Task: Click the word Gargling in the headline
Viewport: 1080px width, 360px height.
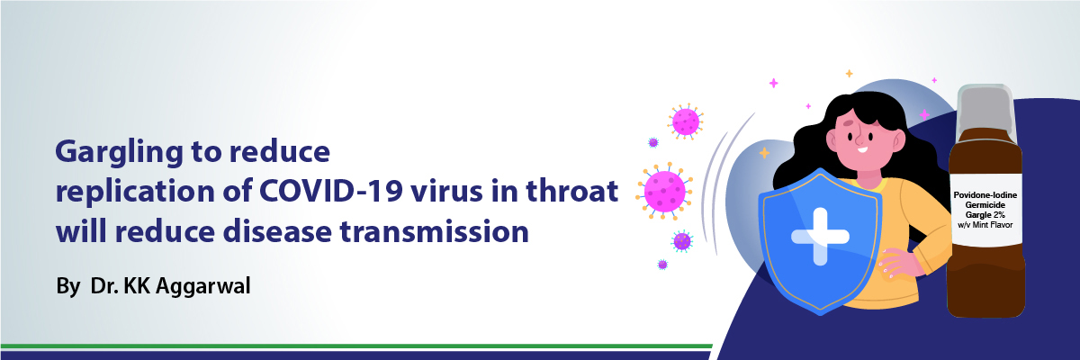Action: tap(120, 153)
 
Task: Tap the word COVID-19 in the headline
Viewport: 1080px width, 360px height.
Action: tap(331, 191)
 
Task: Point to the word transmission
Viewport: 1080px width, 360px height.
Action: tap(435, 231)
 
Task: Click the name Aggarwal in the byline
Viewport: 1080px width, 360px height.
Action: tap(203, 286)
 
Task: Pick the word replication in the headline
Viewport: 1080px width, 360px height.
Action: tap(135, 193)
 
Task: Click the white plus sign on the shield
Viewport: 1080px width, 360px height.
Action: tap(820, 237)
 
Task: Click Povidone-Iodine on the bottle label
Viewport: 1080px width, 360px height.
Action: tap(985, 195)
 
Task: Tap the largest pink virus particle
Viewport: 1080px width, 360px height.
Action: tap(664, 192)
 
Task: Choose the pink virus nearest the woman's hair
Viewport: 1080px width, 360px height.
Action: tap(685, 121)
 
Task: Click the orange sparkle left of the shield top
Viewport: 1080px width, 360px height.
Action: tap(764, 153)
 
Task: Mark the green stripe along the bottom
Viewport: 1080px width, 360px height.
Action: tap(356, 346)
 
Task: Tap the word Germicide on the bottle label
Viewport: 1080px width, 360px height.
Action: tap(985, 205)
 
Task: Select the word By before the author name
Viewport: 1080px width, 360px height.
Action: tap(68, 287)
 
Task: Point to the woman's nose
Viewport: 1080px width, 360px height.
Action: tap(859, 139)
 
